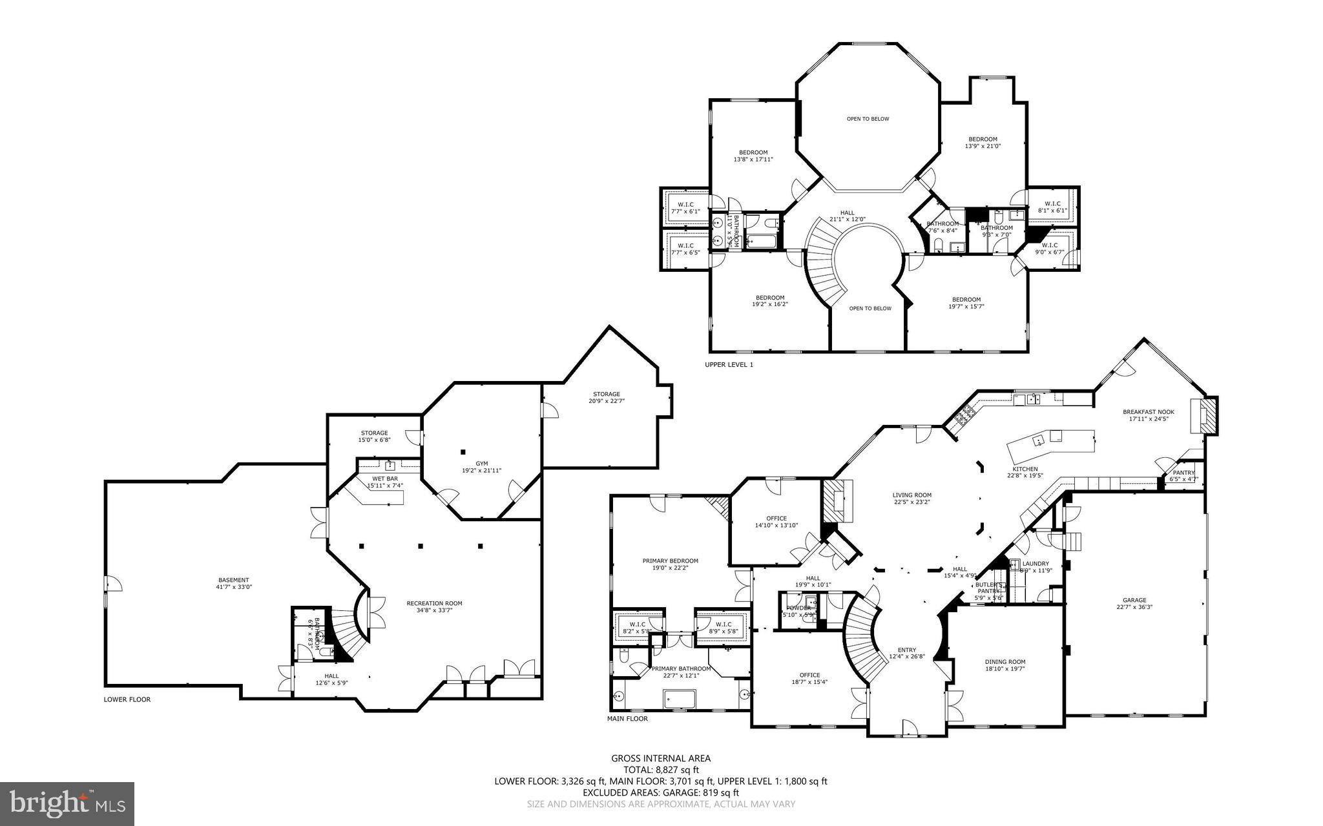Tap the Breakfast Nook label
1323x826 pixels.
pos(1148,411)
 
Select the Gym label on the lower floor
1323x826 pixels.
pos(482,463)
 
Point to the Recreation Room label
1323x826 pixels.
pos(434,603)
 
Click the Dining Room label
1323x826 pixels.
pos(1005,661)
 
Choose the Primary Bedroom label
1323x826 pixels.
pos(670,561)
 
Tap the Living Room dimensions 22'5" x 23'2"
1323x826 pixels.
pos(912,502)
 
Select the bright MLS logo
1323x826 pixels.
pos(67,803)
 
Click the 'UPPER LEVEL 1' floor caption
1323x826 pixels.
pos(729,365)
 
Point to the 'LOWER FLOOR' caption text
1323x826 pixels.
pos(127,699)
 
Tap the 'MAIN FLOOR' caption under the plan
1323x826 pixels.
pos(627,718)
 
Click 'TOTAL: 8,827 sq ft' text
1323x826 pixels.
pos(661,770)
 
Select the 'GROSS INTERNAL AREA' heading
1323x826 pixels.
pos(661,758)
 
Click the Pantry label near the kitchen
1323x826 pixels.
pos(1183,473)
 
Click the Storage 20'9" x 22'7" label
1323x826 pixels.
pos(606,394)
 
